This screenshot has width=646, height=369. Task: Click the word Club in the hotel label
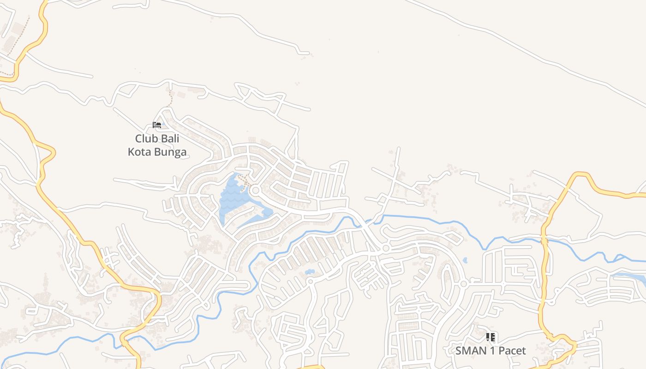pos(145,138)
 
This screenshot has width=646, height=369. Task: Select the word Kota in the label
pos(139,152)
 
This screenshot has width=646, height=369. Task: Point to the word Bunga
pos(171,152)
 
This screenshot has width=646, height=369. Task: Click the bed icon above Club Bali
pos(157,125)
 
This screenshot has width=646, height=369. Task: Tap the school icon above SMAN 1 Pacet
pos(490,337)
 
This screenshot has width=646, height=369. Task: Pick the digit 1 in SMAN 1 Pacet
pos(492,351)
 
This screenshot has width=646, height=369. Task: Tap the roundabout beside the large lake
pos(255,190)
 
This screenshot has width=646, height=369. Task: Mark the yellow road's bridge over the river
pos(544,239)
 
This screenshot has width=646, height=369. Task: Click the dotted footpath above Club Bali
pos(170,98)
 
